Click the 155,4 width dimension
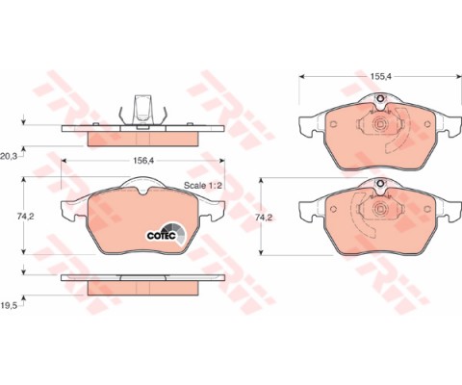pyautogui.click(x=380, y=76)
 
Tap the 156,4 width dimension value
pyautogui.click(x=143, y=161)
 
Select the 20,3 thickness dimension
pyautogui.click(x=9, y=157)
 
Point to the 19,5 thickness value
pyautogui.click(x=9, y=305)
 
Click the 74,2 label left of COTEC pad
pyautogui.click(x=26, y=217)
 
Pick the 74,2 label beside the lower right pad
pyautogui.click(x=264, y=218)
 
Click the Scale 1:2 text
pyautogui.click(x=203, y=186)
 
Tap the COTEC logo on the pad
pyautogui.click(x=167, y=234)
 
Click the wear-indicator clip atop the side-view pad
pyautogui.click(x=142, y=111)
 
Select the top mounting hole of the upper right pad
pyautogui.click(x=379, y=98)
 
